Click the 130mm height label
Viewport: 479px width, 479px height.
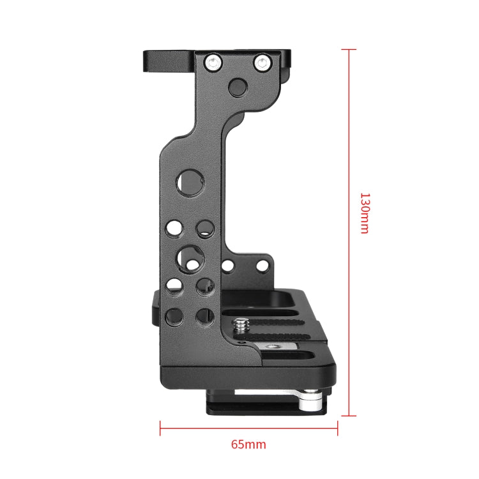[364, 213]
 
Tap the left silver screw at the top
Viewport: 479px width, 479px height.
[212, 62]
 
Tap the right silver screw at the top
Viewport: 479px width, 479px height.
[262, 62]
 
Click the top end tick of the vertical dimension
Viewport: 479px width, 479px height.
[349, 49]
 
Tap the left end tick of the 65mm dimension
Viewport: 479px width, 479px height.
[160, 427]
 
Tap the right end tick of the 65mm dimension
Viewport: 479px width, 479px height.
[337, 427]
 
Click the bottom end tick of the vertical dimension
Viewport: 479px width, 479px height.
[349, 415]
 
